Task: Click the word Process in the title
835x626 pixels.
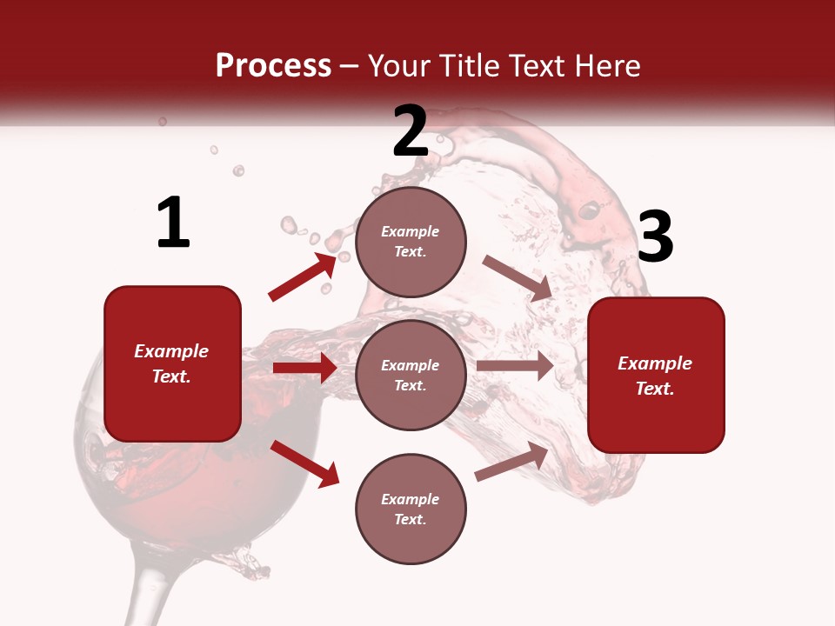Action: (273, 66)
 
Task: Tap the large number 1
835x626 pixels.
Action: (173, 223)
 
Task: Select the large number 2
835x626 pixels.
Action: (411, 131)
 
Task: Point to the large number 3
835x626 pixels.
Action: (655, 236)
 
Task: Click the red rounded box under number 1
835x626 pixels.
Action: (172, 363)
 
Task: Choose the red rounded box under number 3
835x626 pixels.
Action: (656, 375)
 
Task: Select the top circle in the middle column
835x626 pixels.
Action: (411, 242)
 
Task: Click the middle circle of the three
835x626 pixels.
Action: (411, 375)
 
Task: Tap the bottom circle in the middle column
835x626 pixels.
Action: (411, 509)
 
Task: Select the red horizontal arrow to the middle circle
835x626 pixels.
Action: (304, 368)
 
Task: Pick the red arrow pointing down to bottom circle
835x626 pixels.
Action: (304, 463)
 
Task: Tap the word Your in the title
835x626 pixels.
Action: (397, 66)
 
